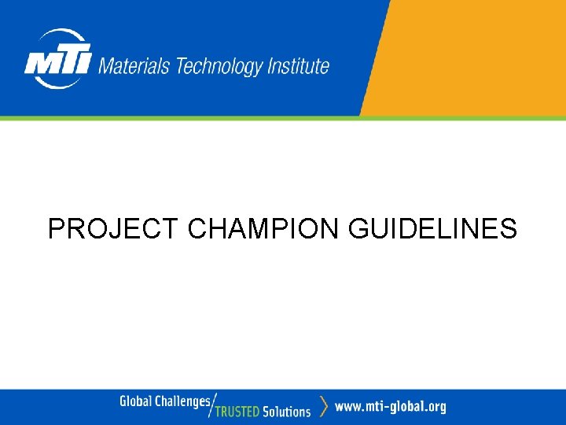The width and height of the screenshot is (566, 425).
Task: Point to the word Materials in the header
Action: [134, 66]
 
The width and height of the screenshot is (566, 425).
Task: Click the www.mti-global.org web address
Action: [390, 407]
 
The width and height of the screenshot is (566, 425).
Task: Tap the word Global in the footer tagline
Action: [135, 402]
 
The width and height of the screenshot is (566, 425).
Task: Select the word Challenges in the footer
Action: [182, 402]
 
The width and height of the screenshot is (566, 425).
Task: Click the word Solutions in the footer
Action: [287, 411]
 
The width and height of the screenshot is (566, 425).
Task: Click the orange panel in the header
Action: [472, 55]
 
